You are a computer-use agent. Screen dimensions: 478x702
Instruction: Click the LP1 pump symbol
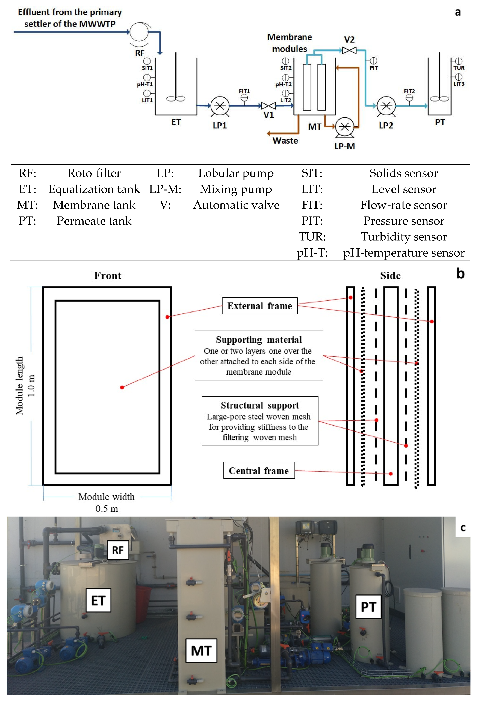coord(220,106)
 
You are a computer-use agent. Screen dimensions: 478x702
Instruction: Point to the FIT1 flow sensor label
coord(244,91)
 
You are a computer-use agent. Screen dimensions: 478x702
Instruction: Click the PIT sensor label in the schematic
coord(374,68)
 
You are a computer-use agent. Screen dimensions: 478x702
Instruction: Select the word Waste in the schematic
coord(285,141)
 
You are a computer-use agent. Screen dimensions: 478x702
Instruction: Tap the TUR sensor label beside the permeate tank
coord(459,68)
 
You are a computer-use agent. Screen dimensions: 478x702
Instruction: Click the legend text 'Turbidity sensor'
coord(404,237)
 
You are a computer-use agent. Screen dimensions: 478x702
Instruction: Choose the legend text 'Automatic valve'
coord(236,205)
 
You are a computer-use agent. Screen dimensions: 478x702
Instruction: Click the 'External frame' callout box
coord(260,306)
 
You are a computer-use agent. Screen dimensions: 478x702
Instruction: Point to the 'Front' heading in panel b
coord(108,275)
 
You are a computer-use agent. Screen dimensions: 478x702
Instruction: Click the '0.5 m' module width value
coord(107,509)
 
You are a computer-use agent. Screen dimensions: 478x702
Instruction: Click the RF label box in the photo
coord(118,550)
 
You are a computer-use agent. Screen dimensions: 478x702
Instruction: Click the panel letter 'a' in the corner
coord(458,12)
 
